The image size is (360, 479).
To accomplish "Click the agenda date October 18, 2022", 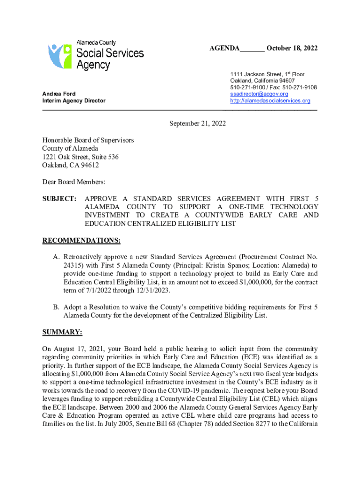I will [292, 49].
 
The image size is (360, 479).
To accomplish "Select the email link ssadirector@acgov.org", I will [259, 94].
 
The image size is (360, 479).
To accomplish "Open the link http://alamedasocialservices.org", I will [270, 101].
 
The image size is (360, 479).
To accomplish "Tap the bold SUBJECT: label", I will [59, 198].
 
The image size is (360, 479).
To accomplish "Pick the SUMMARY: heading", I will [62, 332].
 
